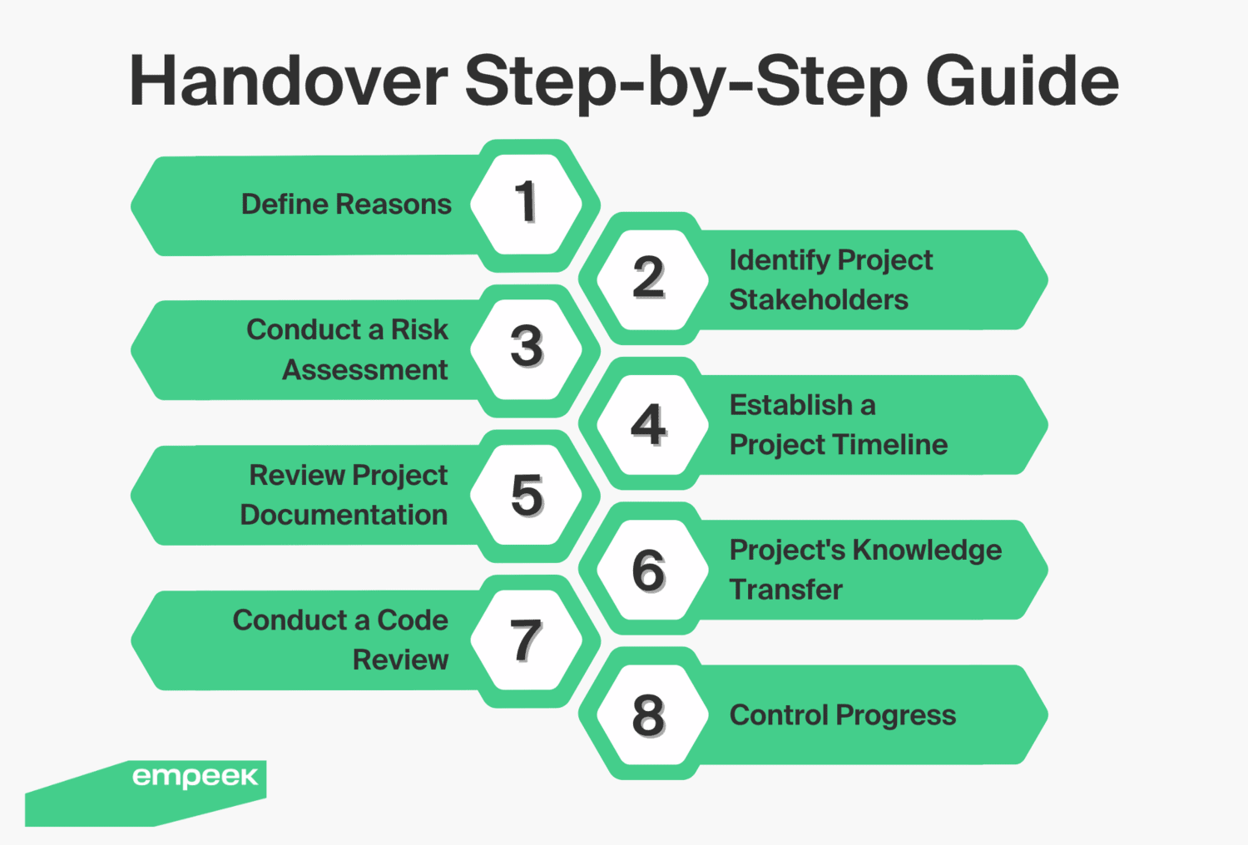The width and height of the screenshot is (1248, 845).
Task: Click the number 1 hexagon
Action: pos(526,204)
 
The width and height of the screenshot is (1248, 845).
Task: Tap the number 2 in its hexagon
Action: pos(649,278)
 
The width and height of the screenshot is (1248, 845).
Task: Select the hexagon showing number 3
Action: pos(526,348)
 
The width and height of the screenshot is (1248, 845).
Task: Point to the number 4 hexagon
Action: pos(649,424)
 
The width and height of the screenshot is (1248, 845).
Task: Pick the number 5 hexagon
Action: pos(526,495)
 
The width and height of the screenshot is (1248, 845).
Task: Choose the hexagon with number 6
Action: pos(649,571)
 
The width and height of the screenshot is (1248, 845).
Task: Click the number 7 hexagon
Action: pos(526,640)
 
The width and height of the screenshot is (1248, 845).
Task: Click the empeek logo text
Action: pos(195,777)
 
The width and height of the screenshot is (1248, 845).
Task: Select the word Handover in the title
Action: pos(289,82)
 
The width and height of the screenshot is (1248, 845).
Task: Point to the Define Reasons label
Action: pos(346,205)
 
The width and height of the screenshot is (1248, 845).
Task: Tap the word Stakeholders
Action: pos(819,300)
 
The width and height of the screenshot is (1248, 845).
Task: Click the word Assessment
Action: pos(365,370)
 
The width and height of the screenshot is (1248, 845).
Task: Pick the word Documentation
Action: pos(344,516)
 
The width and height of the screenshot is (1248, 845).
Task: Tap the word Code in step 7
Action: pos(413,620)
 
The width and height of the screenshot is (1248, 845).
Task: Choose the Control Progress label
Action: pos(843,715)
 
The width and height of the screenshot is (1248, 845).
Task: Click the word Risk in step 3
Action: pos(419,330)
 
